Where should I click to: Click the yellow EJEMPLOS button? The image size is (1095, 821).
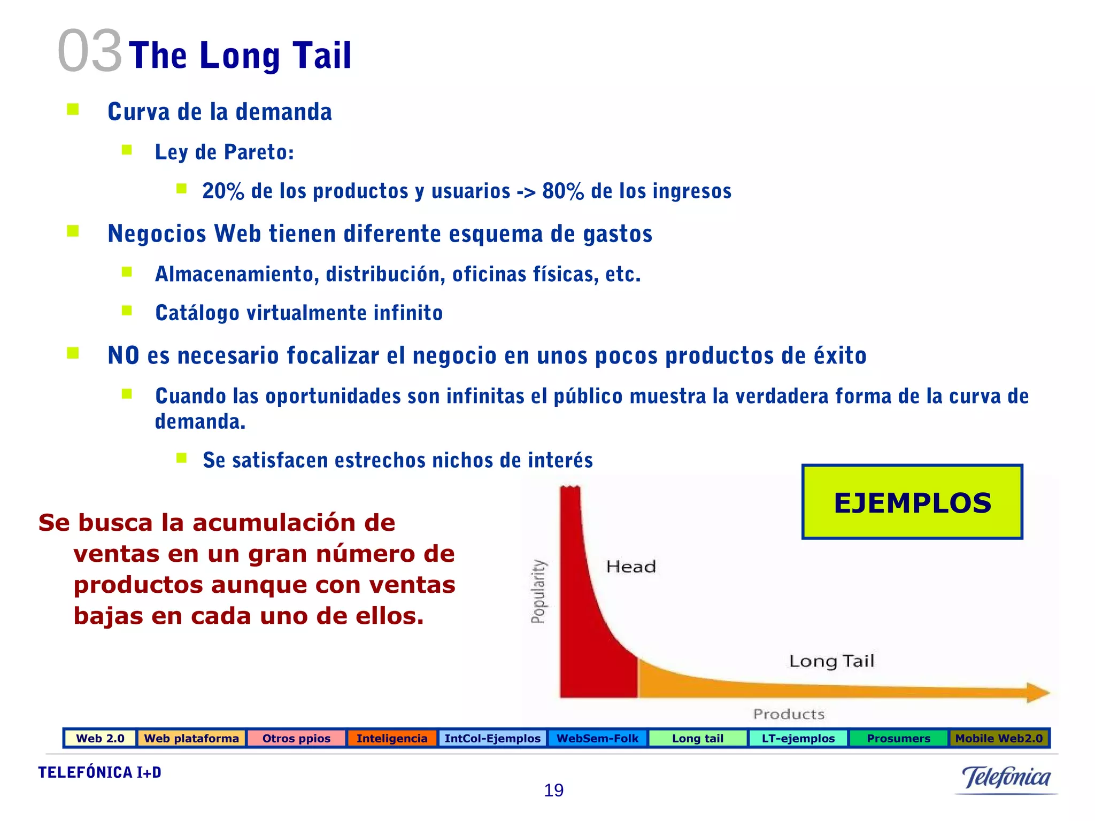(x=912, y=502)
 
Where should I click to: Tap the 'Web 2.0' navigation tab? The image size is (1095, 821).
(x=100, y=738)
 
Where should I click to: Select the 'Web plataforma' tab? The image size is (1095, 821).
(x=191, y=738)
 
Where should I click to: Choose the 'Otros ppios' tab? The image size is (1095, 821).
(x=296, y=738)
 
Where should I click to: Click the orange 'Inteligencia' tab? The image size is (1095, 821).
(x=392, y=738)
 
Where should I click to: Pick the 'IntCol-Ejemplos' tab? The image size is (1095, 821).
(x=492, y=738)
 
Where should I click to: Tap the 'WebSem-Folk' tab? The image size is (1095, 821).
(x=597, y=738)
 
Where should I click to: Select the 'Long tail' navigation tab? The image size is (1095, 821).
(x=698, y=738)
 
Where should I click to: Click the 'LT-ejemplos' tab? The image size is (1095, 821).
(x=798, y=738)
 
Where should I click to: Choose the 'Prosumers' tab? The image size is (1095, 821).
(x=899, y=738)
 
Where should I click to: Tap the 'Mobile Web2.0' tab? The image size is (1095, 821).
(x=999, y=738)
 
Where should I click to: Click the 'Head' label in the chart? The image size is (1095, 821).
(x=631, y=567)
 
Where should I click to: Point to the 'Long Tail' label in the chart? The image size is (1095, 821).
(x=831, y=661)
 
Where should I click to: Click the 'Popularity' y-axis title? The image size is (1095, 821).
(x=538, y=591)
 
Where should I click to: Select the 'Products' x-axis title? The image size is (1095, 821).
(x=789, y=714)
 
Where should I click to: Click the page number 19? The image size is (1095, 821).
(x=553, y=790)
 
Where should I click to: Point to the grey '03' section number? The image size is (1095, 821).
(x=90, y=51)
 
